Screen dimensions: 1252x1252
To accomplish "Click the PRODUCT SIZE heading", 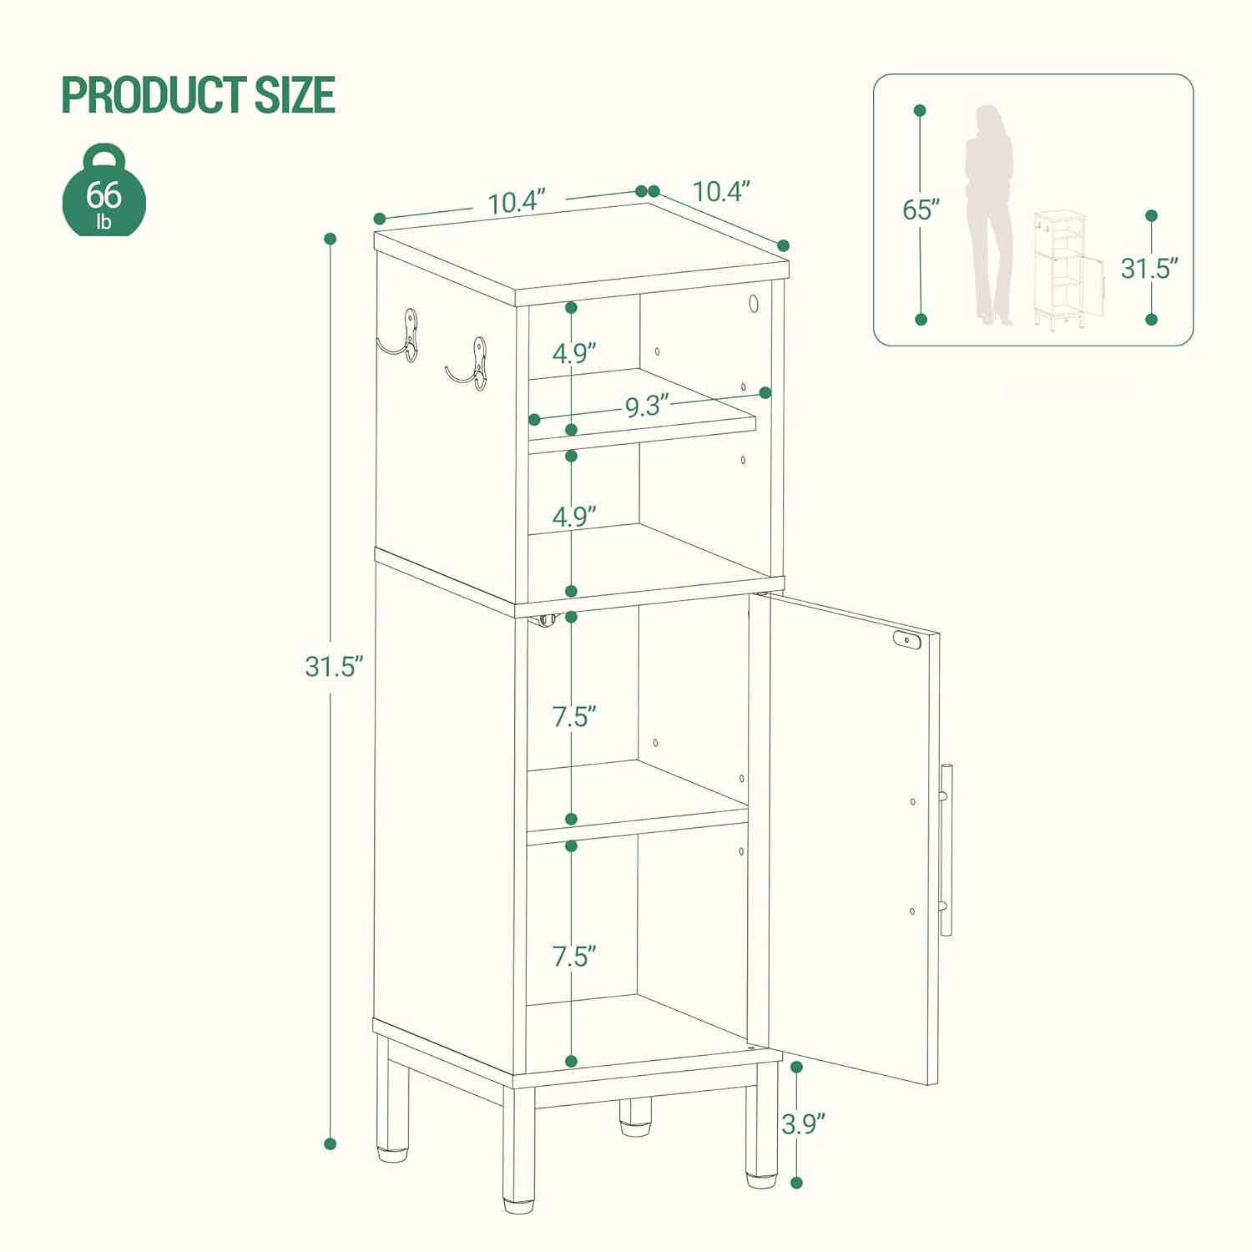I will (198, 94).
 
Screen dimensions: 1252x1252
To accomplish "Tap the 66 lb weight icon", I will (104, 193).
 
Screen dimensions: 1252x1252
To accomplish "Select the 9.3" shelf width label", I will (647, 406).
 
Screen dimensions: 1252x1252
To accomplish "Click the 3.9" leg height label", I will (803, 1123).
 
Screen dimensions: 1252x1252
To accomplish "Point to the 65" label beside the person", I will (921, 210).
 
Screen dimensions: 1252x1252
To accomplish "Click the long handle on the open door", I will (946, 849).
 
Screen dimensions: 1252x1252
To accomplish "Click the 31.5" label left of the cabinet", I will (334, 666).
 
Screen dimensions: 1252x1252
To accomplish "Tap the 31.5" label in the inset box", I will (1149, 269).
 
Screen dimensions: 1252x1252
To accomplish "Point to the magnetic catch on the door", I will (906, 640).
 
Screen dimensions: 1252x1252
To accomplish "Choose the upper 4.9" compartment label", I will (573, 353).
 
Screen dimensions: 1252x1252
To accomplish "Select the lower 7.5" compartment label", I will (573, 956).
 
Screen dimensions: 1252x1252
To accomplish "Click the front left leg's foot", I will (518, 1204).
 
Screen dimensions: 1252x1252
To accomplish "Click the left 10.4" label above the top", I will (516, 202).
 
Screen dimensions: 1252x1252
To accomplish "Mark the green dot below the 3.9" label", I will (796, 1183).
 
